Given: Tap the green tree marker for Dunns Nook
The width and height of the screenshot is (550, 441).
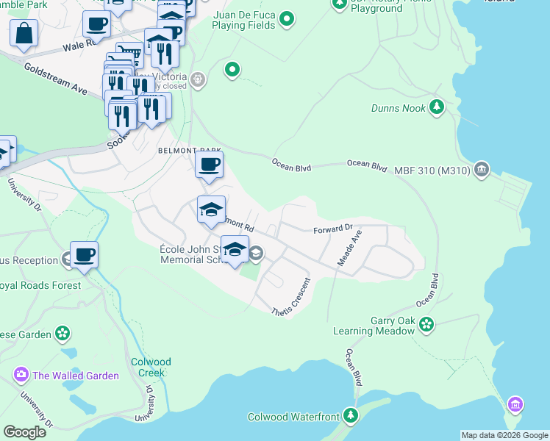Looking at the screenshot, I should click(437, 107).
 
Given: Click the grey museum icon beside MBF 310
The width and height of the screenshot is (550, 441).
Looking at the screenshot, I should click(482, 170).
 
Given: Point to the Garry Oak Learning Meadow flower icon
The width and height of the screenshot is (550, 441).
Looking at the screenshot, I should click(426, 323).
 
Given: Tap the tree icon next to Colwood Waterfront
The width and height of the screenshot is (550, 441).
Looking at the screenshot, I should click(351, 416).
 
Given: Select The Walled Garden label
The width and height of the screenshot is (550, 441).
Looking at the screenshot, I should click(75, 376).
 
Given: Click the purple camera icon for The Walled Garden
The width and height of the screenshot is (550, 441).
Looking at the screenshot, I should click(21, 376).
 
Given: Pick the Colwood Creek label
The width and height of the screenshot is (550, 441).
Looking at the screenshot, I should click(151, 367).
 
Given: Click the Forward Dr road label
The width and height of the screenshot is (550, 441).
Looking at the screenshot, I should click(333, 229).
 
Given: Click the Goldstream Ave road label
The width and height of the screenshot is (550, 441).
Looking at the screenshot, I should click(55, 79).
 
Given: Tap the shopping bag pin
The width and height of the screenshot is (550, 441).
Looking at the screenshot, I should click(24, 34).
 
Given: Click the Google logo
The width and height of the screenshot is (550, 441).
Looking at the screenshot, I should click(24, 432).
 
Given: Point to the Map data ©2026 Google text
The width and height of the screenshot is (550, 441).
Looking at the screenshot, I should click(504, 435).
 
